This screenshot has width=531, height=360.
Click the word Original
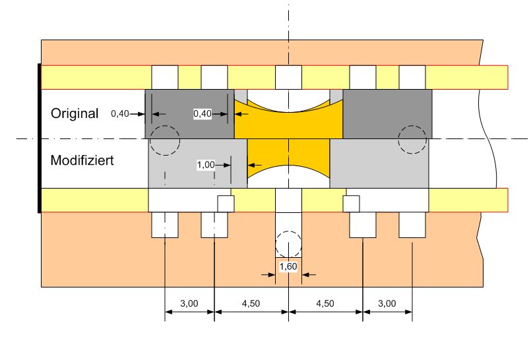point(75,113)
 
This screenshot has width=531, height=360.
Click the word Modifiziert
point(82,160)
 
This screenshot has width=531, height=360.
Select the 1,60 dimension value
point(288,266)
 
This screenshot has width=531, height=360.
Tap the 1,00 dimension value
point(206,165)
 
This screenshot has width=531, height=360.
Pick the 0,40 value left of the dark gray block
point(120,113)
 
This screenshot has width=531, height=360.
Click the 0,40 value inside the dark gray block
point(203,113)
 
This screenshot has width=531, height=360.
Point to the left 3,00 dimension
point(189,303)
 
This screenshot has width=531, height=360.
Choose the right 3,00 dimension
point(387,303)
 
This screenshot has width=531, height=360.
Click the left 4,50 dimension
point(251,303)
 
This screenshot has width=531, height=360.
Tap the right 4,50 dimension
point(325,303)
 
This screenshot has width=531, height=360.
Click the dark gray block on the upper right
point(387,113)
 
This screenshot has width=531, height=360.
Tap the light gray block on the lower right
point(379,164)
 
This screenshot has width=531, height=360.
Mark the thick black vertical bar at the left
point(40,138)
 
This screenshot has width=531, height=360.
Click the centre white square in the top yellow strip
point(288,78)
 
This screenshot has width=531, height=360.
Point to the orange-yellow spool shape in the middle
point(288,138)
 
